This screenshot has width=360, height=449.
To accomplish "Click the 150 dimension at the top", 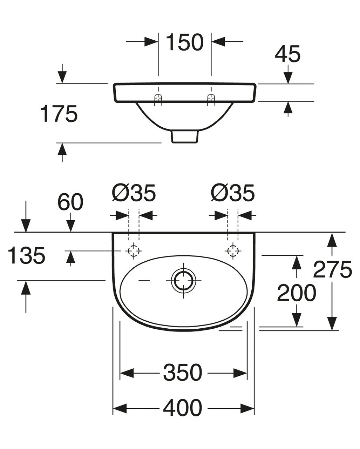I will pyautogui.click(x=184, y=42).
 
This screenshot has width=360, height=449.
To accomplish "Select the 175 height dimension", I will pyautogui.click(x=59, y=114).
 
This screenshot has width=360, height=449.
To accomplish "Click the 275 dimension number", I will pyautogui.click(x=332, y=269).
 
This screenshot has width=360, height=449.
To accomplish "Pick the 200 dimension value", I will pyautogui.click(x=296, y=293).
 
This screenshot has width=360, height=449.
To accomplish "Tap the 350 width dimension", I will pyautogui.click(x=183, y=373).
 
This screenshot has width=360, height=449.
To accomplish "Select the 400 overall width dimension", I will pyautogui.click(x=183, y=408).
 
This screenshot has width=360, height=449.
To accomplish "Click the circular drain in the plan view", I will pyautogui.click(x=182, y=281).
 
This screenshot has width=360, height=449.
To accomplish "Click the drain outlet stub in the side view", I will pyautogui.click(x=184, y=137).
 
